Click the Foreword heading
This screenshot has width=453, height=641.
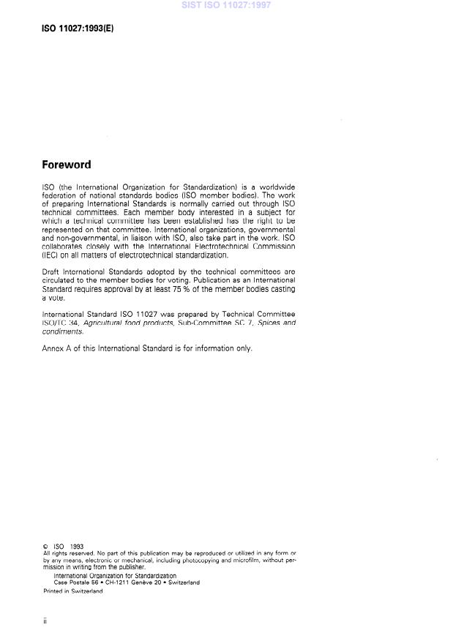click(x=67, y=165)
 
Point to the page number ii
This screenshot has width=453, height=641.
click(x=45, y=621)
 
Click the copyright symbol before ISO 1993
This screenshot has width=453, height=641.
click(x=46, y=546)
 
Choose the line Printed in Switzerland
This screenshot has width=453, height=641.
click(x=73, y=591)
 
